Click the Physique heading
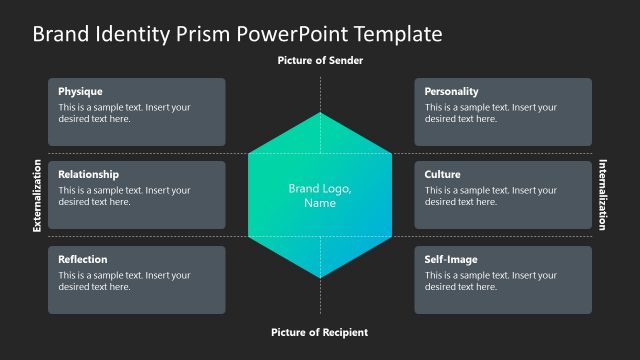pyautogui.click(x=81, y=91)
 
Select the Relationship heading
pyautogui.click(x=88, y=174)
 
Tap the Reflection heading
pyautogui.click(x=83, y=259)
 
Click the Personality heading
pyautogui.click(x=451, y=91)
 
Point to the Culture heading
pyautogui.click(x=442, y=174)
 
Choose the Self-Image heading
pyautogui.click(x=450, y=259)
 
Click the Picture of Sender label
pyautogui.click(x=320, y=61)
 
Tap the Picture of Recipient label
pyautogui.click(x=320, y=332)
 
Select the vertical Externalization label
pyautogui.click(x=37, y=195)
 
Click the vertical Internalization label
pyautogui.click(x=603, y=195)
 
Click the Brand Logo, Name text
pyautogui.click(x=320, y=195)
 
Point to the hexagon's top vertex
pyautogui.click(x=320, y=113)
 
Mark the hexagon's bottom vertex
pyautogui.click(x=320, y=278)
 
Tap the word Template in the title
pyautogui.click(x=393, y=34)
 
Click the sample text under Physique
pyautogui.click(x=124, y=113)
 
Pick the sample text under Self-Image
pyautogui.click(x=490, y=281)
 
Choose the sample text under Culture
pyautogui.click(x=490, y=196)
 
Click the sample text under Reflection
pyautogui.click(x=124, y=281)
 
